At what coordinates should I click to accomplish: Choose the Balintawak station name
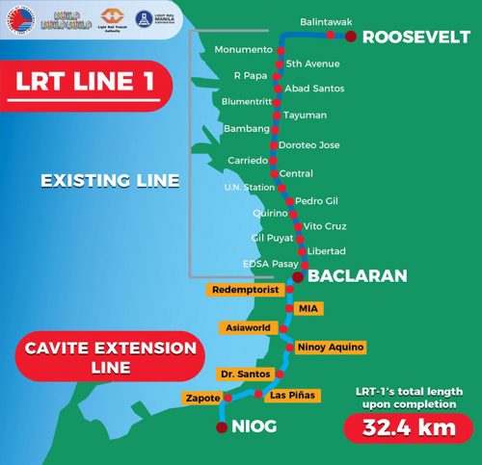(326, 19)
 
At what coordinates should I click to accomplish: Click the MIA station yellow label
(308, 308)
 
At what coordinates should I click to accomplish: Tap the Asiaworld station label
(247, 327)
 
